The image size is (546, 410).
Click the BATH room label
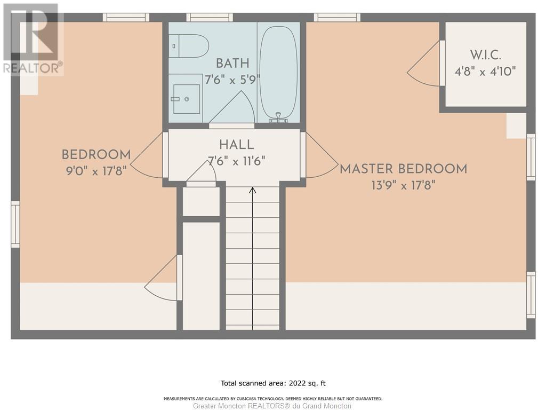pos(232,64)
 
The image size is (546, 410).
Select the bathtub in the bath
pos(278,73)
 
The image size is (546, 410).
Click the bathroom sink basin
pos(187,99)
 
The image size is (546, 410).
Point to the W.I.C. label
pos(485,55)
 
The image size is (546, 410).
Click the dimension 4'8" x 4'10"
pos(485,72)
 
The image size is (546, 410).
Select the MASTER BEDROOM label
pos(403,169)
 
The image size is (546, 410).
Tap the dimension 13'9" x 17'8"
pos(403,185)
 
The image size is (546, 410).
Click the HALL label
pos(236,145)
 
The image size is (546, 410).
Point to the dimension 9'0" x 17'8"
pos(96,171)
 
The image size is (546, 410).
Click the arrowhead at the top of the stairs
pos(253,191)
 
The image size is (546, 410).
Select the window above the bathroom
pos(209,18)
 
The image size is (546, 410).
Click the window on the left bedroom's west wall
pos(15,224)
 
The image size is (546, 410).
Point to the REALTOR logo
pos(33,39)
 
